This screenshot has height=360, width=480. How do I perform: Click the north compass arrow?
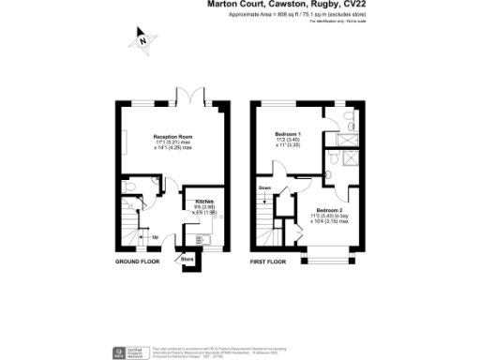coord(142,40)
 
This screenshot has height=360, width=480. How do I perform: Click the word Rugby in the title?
coord(317,5)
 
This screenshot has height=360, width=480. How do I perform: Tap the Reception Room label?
coord(173,137)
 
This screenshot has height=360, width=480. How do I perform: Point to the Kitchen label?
coord(204,202)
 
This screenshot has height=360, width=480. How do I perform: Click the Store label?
coord(187,258)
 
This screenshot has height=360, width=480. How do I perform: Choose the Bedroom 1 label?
coord(288,137)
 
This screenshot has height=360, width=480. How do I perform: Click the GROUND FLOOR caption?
coord(137,262)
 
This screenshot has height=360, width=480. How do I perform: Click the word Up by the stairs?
coord(155,237)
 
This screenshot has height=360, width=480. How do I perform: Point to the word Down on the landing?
coord(266,187)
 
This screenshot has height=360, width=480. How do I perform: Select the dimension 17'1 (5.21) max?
coord(173,142)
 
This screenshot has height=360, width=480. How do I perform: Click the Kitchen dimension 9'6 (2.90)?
coord(204,207)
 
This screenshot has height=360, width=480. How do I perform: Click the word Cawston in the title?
coord(276,5)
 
